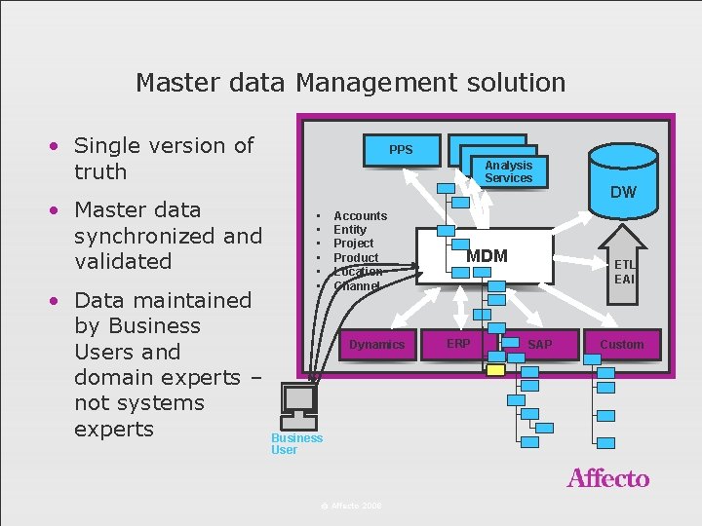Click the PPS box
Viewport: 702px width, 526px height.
[x=401, y=150]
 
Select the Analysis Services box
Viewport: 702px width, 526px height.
[x=508, y=171]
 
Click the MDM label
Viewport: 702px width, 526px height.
[x=487, y=256]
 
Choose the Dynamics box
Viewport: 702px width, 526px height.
[x=376, y=345]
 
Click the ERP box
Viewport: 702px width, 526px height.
[x=457, y=344]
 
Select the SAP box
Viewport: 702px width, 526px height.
[x=539, y=344]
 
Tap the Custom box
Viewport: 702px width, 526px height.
[x=622, y=345]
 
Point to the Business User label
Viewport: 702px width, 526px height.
[x=296, y=443]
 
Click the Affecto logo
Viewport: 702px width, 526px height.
[x=607, y=478]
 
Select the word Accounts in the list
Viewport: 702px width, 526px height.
[x=360, y=215]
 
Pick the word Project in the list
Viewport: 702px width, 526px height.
[x=353, y=244]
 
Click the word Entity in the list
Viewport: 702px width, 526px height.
[x=350, y=230]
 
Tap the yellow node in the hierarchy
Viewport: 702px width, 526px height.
[x=495, y=369]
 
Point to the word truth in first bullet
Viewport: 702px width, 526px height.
[x=100, y=171]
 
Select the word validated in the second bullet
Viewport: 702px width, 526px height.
[x=123, y=261]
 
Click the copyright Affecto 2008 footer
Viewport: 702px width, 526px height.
[x=351, y=506]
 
